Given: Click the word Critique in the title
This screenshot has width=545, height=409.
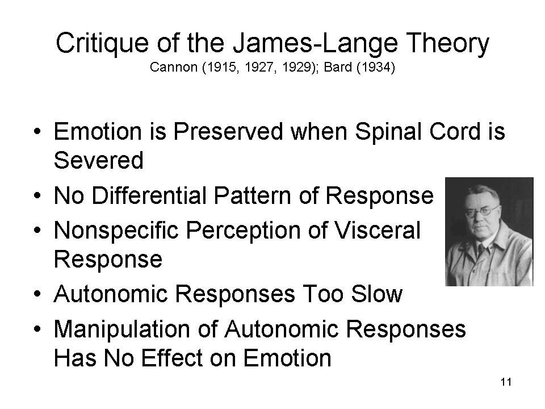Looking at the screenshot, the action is pos(102,44).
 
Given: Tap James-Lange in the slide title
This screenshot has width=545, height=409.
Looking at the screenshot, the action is pos(315,44).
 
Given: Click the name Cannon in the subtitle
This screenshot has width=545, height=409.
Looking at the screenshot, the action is pos(174,67).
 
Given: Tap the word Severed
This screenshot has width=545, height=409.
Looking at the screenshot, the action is pos(99,160).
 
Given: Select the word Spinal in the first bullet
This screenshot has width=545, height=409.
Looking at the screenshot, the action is pos(388,132).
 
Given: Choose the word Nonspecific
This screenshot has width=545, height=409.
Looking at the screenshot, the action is pos(116,231).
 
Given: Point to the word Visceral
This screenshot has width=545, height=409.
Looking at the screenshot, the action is pos(378,230).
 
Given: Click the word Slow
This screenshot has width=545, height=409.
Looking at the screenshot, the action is pos(376,294).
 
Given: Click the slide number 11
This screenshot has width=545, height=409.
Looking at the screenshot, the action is pos(506,382).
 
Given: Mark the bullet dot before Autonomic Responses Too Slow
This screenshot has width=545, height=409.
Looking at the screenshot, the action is pos(37,294).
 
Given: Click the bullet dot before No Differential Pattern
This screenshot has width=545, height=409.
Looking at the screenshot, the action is pos(37,195).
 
